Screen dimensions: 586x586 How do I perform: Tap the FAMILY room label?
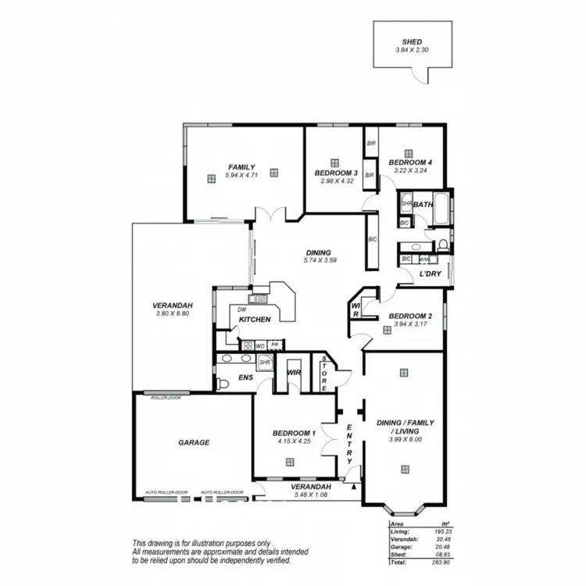pos(241,166)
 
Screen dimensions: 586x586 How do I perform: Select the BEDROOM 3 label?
pos(336,173)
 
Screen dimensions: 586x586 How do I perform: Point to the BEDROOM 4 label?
pos(413,162)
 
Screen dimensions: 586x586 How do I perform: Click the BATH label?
pos(423,205)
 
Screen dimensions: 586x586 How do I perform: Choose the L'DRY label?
pos(431,274)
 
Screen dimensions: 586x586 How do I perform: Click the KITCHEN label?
pos(255,319)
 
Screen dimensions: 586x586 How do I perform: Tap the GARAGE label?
pos(193,442)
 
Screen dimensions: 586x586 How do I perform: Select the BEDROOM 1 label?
pos(294,433)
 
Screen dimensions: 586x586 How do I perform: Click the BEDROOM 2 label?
pos(410,316)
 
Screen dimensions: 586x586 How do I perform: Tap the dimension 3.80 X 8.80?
pos(173,313)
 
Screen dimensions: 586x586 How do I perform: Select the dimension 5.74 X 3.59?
pos(320,260)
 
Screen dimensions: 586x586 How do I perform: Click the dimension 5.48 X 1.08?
pos(310,495)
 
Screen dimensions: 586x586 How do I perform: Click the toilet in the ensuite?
pos(223,383)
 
